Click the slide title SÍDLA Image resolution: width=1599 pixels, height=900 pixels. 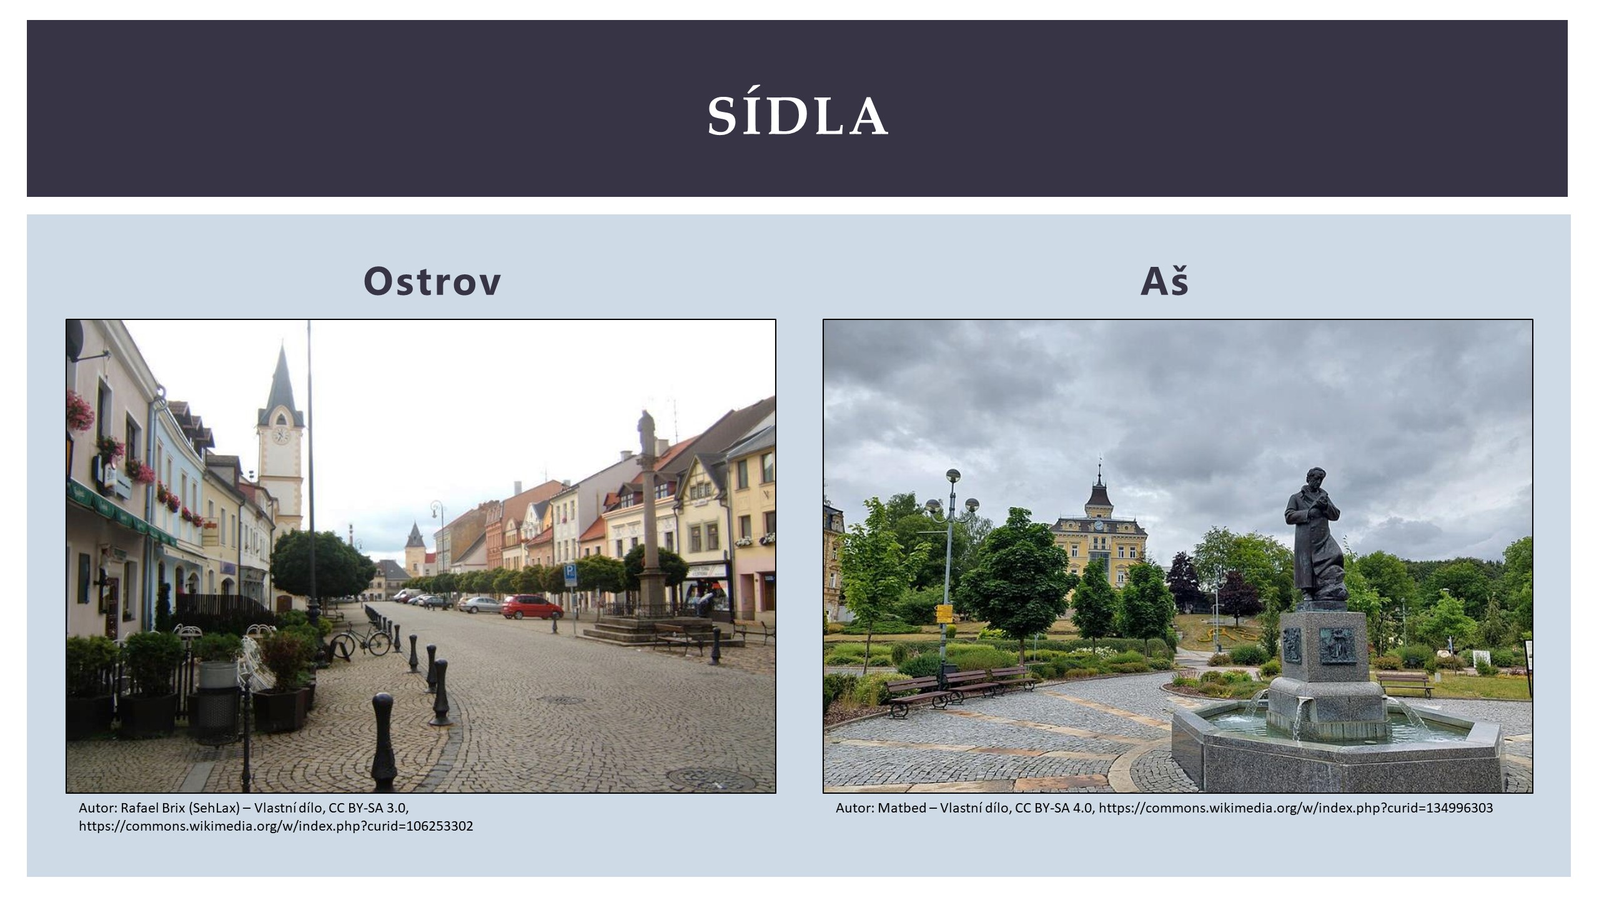click(x=797, y=116)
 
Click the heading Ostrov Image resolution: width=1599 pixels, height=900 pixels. click(x=432, y=282)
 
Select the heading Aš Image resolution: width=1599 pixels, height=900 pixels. click(x=1164, y=281)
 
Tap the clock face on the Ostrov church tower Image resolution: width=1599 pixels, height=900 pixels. click(x=280, y=435)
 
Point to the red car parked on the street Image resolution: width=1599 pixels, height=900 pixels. click(x=532, y=607)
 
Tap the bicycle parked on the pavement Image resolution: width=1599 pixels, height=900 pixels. click(x=360, y=642)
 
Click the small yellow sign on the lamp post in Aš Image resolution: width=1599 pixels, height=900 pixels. click(x=943, y=613)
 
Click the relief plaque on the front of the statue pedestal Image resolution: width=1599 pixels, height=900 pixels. click(x=1337, y=646)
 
